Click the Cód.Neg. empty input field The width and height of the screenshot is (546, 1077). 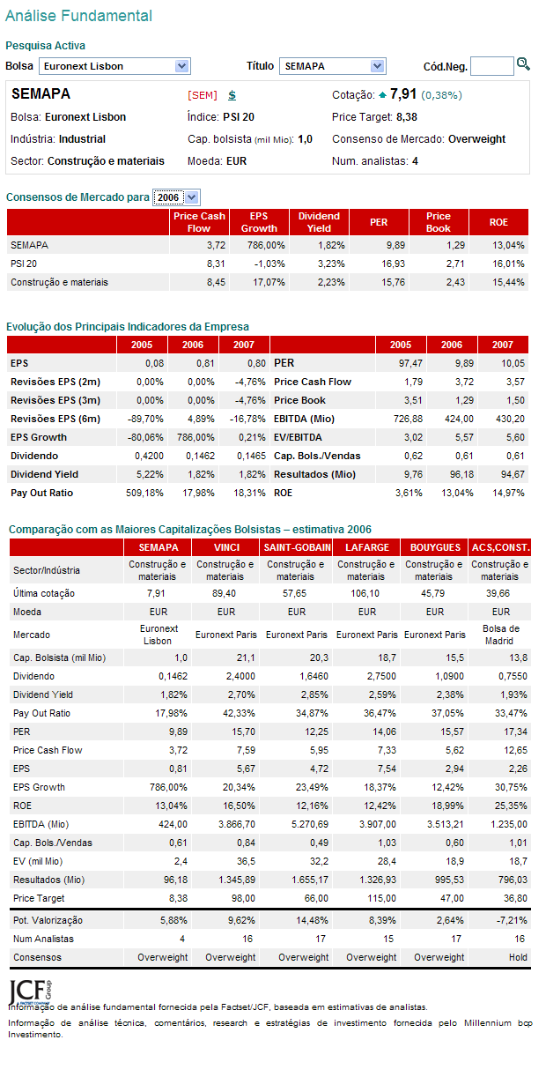coord(491,66)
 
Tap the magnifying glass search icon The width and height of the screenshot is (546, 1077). coord(523,64)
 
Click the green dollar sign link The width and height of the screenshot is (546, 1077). coord(232,95)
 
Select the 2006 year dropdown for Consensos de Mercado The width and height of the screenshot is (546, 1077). coord(176,197)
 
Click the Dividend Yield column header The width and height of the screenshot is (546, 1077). coord(319,222)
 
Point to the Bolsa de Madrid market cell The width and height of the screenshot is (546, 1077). coord(500,635)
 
